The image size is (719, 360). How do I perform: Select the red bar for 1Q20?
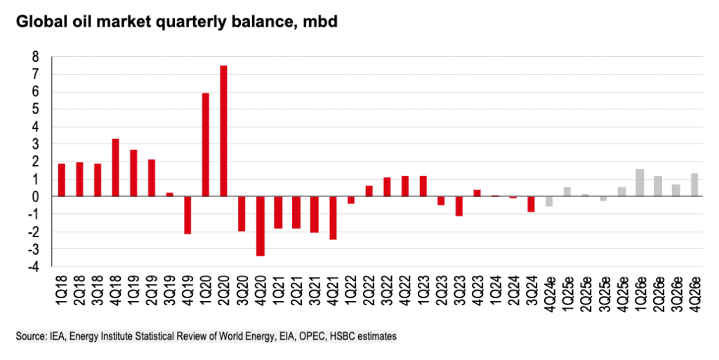click(x=206, y=145)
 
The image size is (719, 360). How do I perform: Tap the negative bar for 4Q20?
click(x=260, y=226)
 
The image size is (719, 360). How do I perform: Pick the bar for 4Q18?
click(x=115, y=168)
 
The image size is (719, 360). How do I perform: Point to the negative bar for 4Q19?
click(x=187, y=215)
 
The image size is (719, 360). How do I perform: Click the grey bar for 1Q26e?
click(x=640, y=182)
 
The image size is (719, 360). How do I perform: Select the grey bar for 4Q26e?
click(x=694, y=185)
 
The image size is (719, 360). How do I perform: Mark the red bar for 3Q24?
click(x=531, y=204)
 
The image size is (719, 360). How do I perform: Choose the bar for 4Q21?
click(x=332, y=218)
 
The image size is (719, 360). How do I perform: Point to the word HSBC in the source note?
click(x=351, y=337)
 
